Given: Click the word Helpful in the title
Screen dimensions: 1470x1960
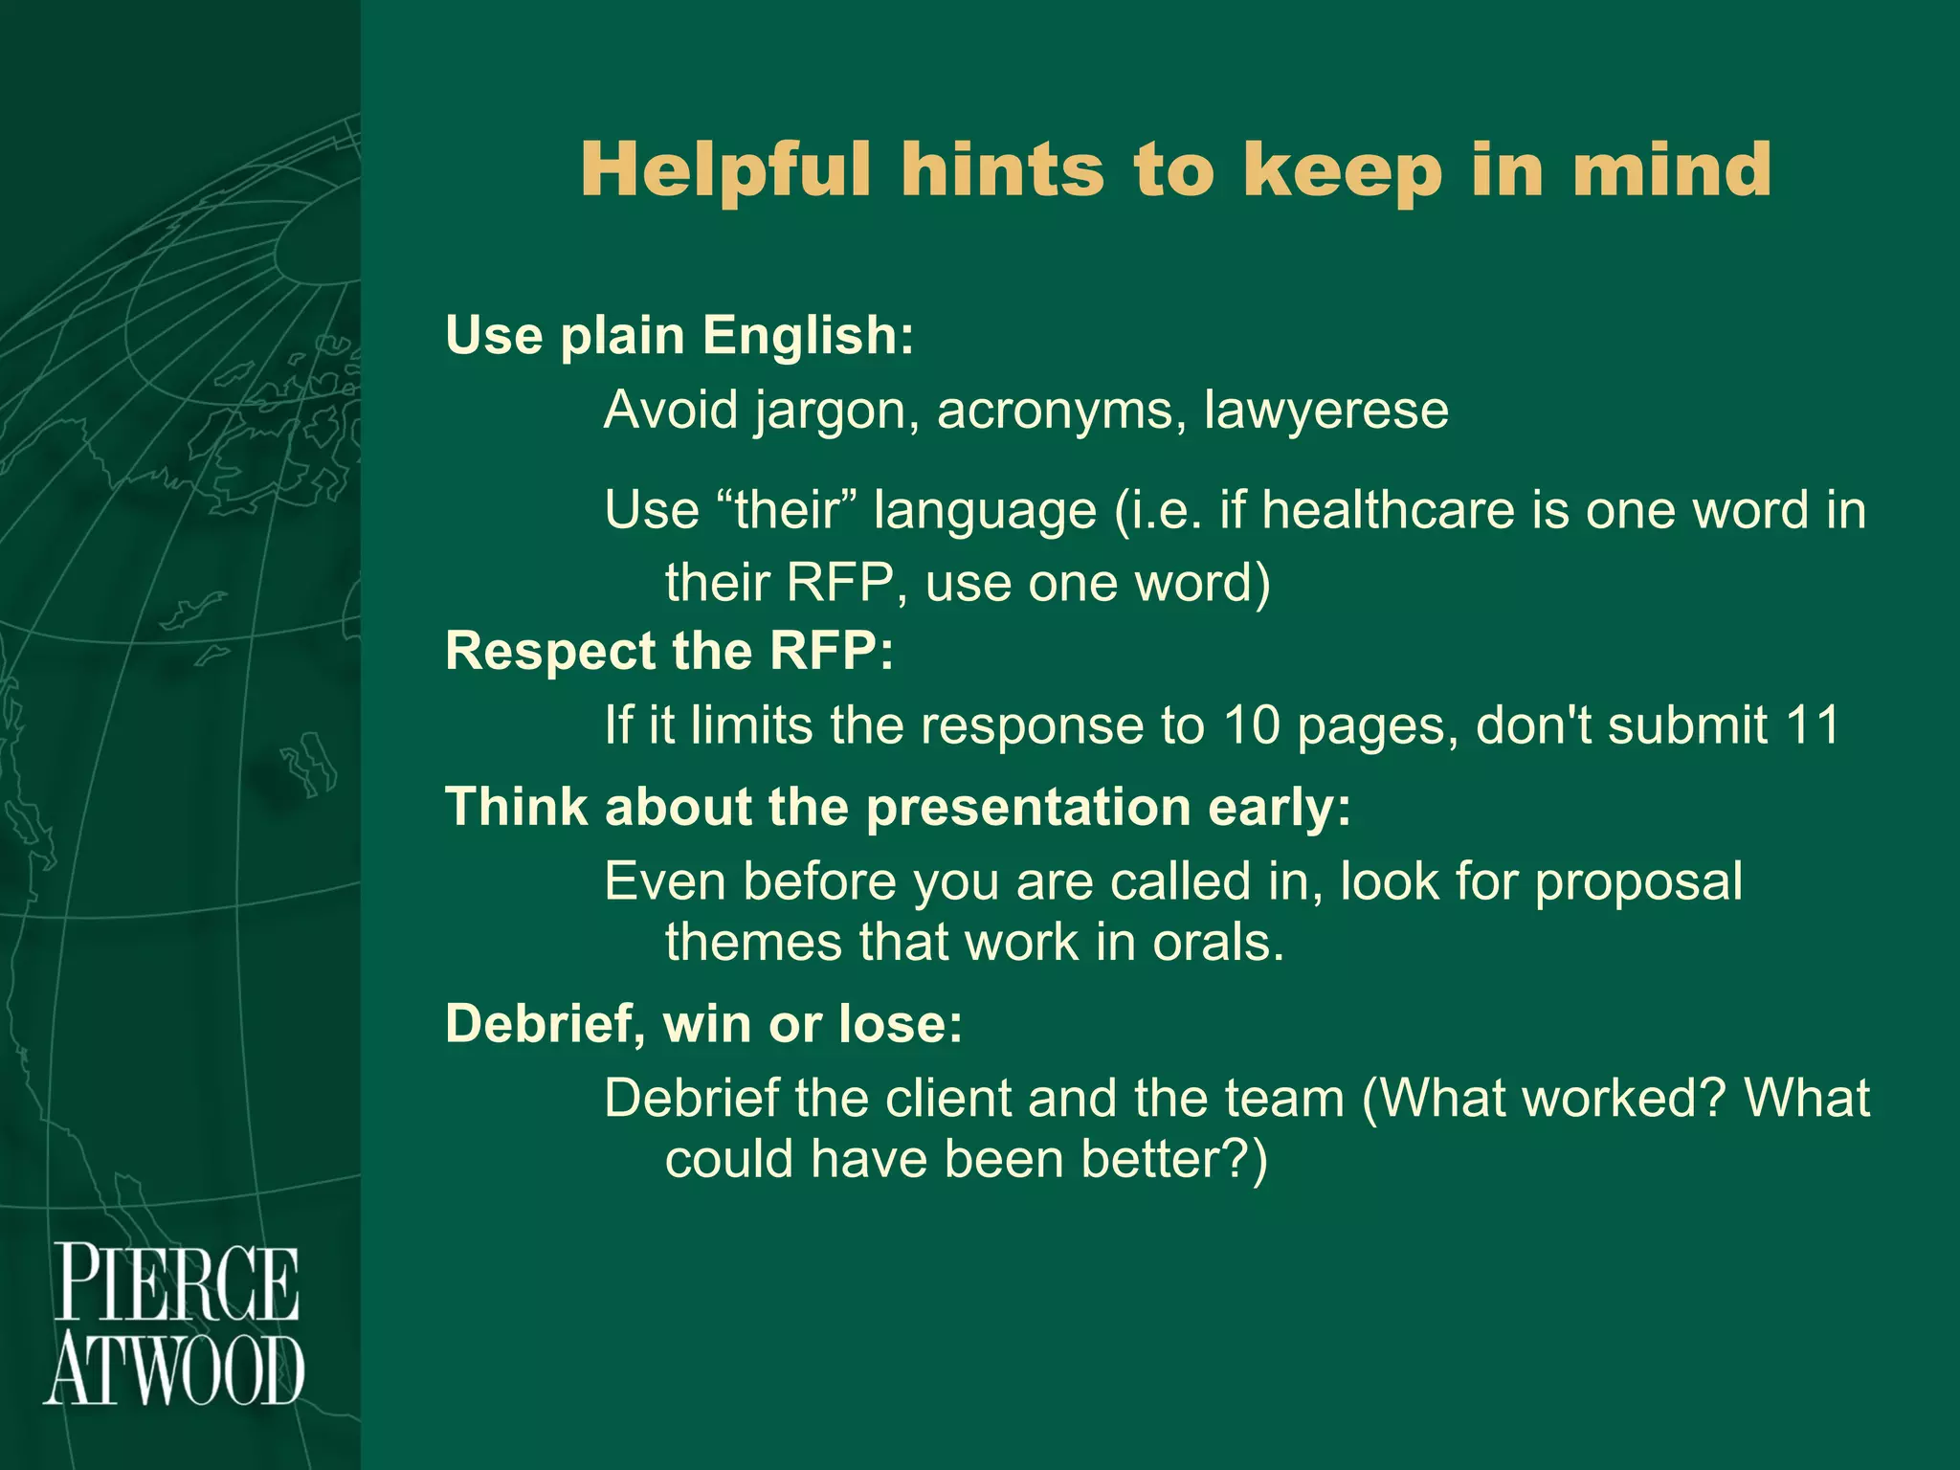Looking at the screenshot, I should click(725, 169).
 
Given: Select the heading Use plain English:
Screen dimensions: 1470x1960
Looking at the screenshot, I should click(679, 336).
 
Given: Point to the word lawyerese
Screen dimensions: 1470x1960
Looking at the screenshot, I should click(1326, 411).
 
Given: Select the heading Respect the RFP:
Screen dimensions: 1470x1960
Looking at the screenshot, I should click(669, 652).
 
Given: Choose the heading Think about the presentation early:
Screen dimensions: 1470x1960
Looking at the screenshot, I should click(898, 807).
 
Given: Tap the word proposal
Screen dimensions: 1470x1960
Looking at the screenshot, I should click(1638, 881).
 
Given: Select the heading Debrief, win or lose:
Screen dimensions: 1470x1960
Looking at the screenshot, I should click(703, 1024).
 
